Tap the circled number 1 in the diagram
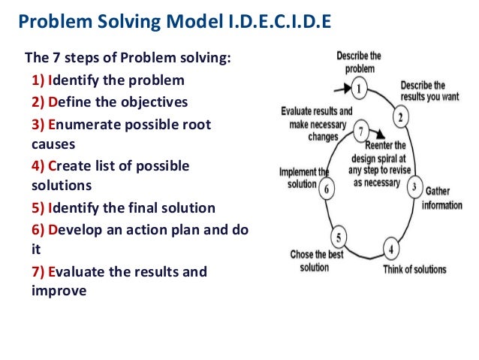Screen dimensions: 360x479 (x=360, y=89)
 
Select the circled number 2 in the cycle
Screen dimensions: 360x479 (x=402, y=117)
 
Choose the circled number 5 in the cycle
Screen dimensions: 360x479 (x=339, y=239)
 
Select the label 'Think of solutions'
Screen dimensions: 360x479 (x=414, y=269)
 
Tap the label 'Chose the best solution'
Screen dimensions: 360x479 (x=317, y=261)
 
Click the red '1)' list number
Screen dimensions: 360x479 (x=38, y=80)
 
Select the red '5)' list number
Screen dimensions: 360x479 (x=38, y=207)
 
